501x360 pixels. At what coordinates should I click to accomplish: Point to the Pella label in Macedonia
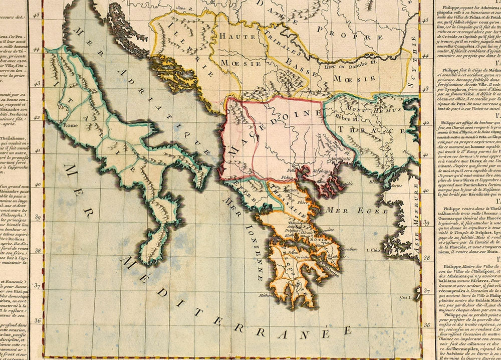tap(306, 170)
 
